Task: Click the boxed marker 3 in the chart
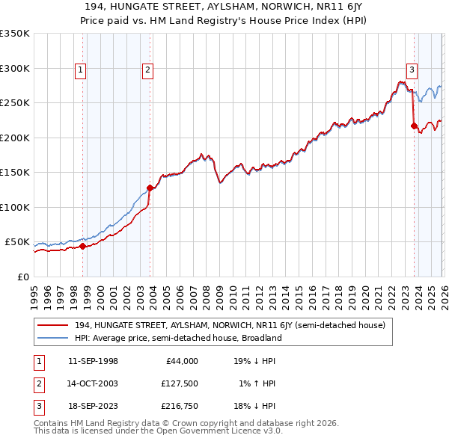tap(412, 70)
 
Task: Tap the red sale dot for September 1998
tap(82, 246)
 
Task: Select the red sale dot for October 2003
tap(150, 188)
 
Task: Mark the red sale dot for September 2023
tap(414, 126)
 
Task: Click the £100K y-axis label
tap(14, 207)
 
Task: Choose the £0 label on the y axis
tap(22, 277)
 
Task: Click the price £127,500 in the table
tap(180, 383)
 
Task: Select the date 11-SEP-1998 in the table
tap(93, 361)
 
